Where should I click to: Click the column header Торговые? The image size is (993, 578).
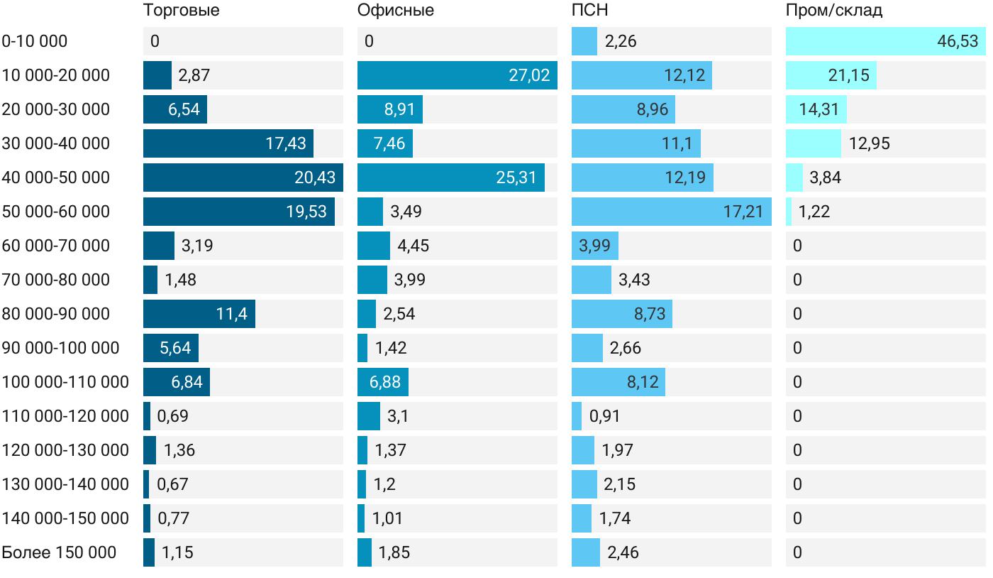(181, 11)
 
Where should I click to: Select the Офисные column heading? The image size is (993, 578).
(396, 11)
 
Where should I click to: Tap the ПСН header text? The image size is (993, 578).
(590, 11)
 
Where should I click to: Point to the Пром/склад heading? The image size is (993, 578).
(834, 11)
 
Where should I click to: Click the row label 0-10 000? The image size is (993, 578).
(35, 41)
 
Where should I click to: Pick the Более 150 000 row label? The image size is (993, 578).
(59, 552)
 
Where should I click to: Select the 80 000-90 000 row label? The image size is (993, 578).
(56, 314)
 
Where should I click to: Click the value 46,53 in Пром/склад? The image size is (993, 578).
(958, 41)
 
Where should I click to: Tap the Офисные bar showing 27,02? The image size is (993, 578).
(457, 75)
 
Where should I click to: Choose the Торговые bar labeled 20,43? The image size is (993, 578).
(243, 178)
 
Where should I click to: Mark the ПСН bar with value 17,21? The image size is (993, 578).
(672, 212)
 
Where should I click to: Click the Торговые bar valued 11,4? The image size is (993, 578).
(199, 314)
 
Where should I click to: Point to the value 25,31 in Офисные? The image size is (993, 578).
(516, 178)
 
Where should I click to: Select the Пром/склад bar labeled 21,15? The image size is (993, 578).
(831, 75)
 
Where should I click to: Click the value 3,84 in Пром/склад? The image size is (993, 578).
(825, 178)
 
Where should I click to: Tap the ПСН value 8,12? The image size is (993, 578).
(643, 382)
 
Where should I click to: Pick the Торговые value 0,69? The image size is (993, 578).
(173, 416)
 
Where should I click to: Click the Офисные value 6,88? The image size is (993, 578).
(384, 382)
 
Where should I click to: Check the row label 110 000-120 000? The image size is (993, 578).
(65, 416)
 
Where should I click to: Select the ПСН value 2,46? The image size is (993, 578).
(623, 552)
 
